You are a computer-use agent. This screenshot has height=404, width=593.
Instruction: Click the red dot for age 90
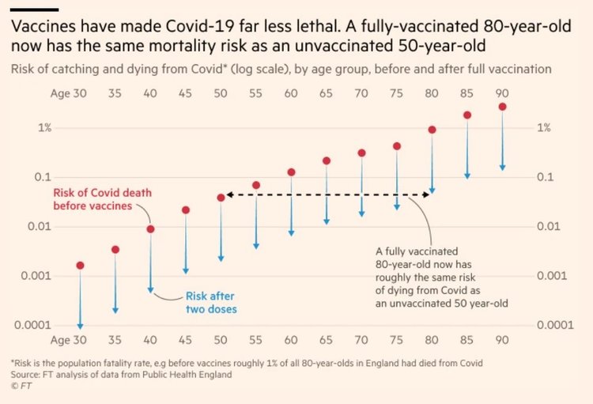tap(502, 107)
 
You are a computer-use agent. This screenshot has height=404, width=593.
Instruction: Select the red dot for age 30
tap(80, 266)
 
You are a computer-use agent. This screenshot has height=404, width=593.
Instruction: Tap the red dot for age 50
tap(221, 198)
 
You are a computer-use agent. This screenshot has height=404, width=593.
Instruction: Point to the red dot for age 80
tap(432, 130)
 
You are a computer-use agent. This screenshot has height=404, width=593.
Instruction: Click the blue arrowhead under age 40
tap(150, 290)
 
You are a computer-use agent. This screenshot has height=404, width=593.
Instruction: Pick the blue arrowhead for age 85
tap(467, 176)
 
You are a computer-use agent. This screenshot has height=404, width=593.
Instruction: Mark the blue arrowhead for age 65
tap(327, 221)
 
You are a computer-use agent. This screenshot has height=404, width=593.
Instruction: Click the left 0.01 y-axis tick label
tap(39, 227)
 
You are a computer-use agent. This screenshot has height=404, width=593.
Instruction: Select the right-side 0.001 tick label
tap(552, 276)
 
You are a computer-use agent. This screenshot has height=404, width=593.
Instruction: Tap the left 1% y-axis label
tap(44, 128)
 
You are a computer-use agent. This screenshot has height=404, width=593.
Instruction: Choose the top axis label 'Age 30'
tap(69, 93)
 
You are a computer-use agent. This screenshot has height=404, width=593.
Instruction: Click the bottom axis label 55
tap(255, 340)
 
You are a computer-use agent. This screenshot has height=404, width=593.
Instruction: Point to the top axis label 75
tap(396, 93)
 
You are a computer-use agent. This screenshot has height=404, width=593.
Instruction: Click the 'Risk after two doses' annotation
tap(211, 303)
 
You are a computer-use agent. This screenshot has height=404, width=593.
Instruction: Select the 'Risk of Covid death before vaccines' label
tap(103, 199)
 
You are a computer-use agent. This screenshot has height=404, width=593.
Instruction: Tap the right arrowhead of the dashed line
tap(426, 194)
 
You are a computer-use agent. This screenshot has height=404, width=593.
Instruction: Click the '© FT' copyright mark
tap(21, 386)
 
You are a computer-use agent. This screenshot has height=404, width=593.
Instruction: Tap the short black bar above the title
tap(35, 9)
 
